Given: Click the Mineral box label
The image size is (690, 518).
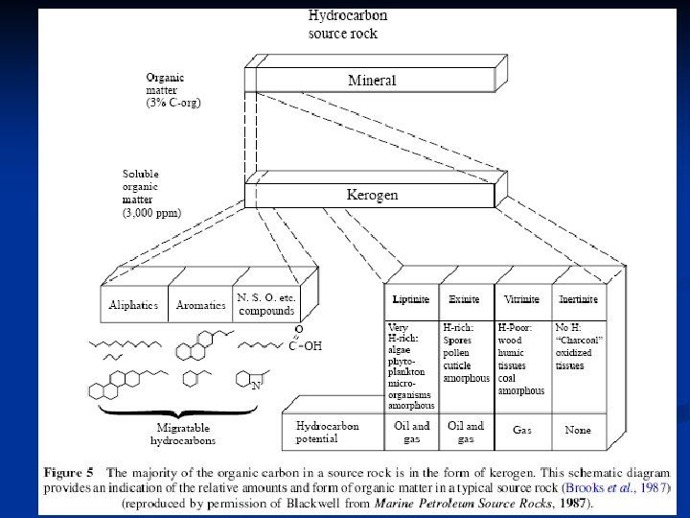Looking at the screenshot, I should pyautogui.click(x=371, y=81).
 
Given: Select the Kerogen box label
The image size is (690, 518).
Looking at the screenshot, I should pyautogui.click(x=372, y=195).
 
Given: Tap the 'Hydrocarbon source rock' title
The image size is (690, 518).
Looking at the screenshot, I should pyautogui.click(x=347, y=25).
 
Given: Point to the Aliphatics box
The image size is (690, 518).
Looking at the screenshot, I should pyautogui.click(x=134, y=305).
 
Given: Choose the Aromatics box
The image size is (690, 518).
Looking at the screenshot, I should pyautogui.click(x=200, y=305).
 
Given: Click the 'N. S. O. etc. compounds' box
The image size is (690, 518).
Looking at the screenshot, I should pyautogui.click(x=266, y=304).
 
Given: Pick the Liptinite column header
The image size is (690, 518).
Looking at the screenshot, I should pyautogui.click(x=411, y=299).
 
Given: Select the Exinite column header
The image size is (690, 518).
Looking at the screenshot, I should pyautogui.click(x=465, y=299).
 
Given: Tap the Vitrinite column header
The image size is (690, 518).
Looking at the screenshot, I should pyautogui.click(x=521, y=299).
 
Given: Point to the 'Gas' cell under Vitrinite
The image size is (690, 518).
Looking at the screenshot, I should pyautogui.click(x=522, y=431).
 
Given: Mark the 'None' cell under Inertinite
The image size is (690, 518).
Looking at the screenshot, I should pyautogui.click(x=578, y=431).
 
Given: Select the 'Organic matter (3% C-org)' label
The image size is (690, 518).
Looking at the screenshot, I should pyautogui.click(x=173, y=88).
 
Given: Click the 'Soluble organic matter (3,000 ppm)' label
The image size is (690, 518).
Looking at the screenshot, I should pyautogui.click(x=151, y=194).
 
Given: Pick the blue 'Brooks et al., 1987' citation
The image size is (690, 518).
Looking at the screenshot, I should pyautogui.click(x=616, y=488).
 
